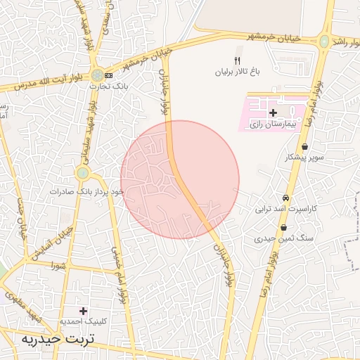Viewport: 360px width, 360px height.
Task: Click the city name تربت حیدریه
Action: pos(58,339)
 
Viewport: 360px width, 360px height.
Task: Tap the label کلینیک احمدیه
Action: pos(83,321)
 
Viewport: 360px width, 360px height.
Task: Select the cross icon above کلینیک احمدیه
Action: pos(84,310)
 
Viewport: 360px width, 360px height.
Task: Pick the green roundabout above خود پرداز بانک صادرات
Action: pos(83,172)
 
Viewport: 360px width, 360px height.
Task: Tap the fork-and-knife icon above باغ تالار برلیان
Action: pos(237,60)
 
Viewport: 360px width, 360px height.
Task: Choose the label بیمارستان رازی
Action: pos(275,124)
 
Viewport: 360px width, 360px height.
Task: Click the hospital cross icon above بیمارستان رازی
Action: pos(273,112)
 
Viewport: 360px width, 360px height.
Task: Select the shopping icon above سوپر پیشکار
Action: pos(304,147)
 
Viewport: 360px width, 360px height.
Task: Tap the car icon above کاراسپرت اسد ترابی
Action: pos(286,198)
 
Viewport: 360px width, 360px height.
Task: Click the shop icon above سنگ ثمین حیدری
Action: pos(283,228)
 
